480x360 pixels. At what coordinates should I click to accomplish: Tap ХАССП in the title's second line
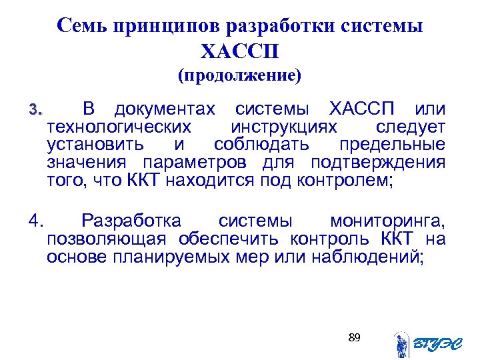[x=239, y=51]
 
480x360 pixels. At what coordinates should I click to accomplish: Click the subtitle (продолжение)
[x=239, y=75]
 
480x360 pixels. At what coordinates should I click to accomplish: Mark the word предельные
[x=392, y=145]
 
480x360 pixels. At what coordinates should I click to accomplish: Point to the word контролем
[x=345, y=181]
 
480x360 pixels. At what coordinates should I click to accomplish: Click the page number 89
[x=354, y=338]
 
